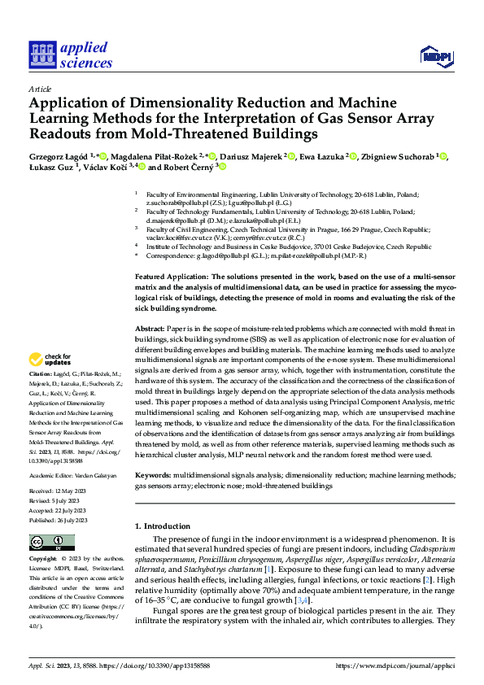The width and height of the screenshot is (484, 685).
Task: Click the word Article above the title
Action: tap(40, 89)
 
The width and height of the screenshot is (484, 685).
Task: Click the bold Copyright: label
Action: tap(43, 559)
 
